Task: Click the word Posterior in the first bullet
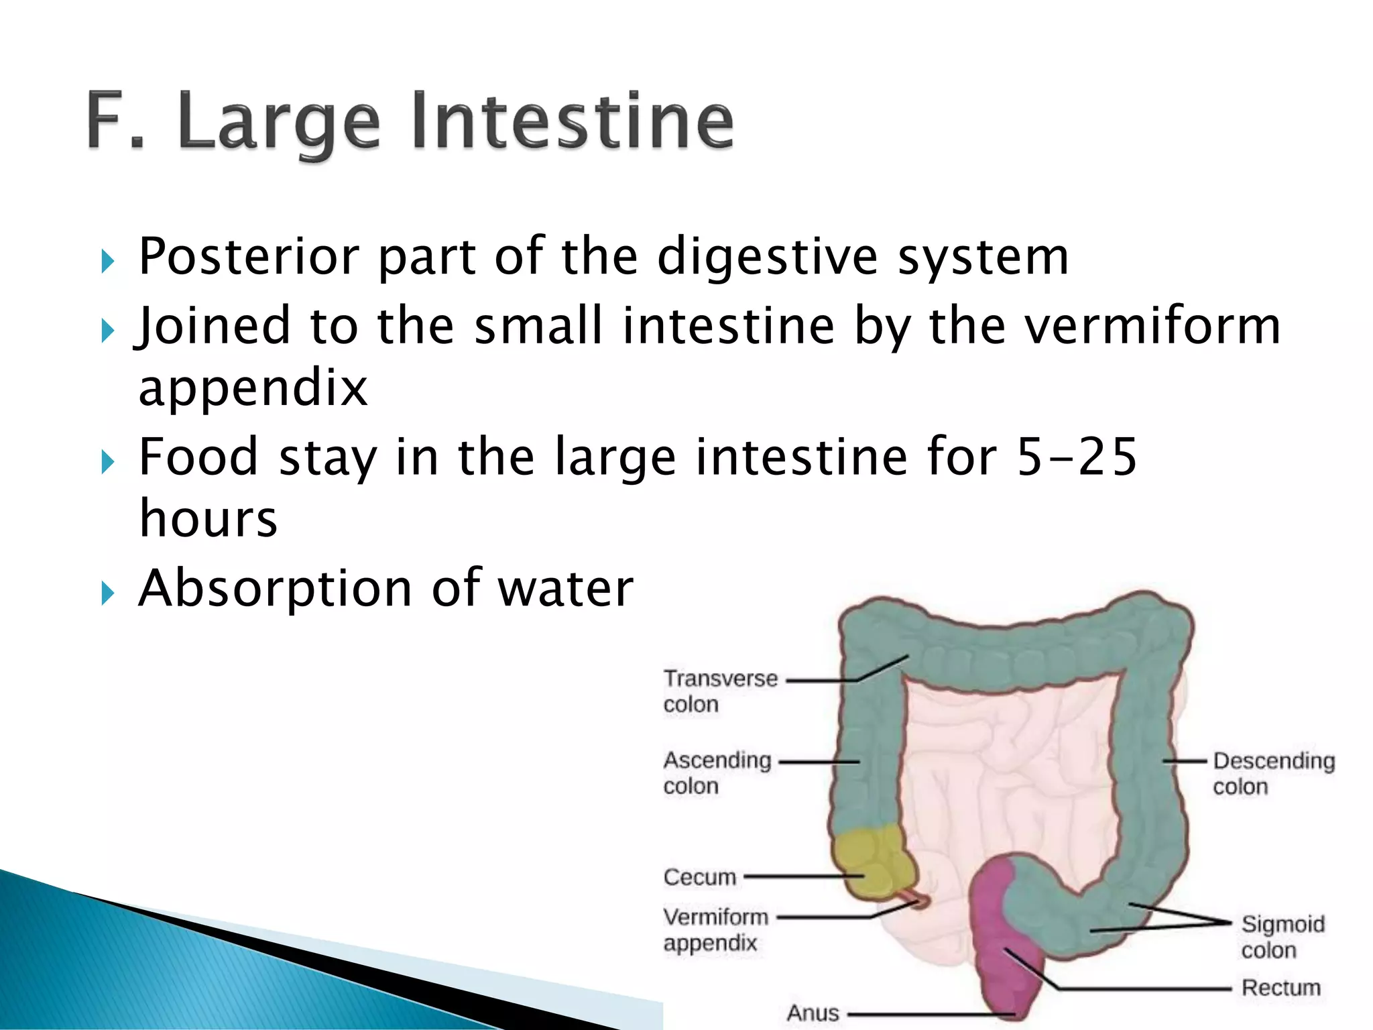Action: click(x=249, y=257)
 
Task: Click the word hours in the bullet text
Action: click(x=208, y=519)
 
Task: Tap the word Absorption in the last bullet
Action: click(x=275, y=589)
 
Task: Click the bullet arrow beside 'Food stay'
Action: click(x=108, y=462)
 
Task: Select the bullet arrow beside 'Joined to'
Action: click(x=108, y=331)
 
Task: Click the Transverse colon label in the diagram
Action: click(x=720, y=691)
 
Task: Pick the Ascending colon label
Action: click(x=717, y=772)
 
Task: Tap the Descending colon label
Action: click(x=1273, y=773)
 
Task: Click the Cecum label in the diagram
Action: click(x=699, y=877)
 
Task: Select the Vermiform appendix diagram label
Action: click(x=715, y=929)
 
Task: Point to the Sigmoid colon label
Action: click(x=1282, y=937)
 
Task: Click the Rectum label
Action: click(x=1280, y=988)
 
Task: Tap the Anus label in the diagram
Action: click(x=813, y=1013)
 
